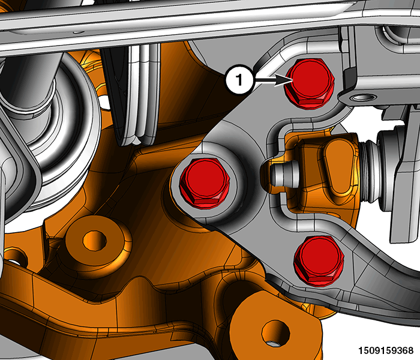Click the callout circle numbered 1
point(239,79)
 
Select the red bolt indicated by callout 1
point(310,83)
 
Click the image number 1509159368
point(386,350)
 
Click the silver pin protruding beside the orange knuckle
point(284,174)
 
